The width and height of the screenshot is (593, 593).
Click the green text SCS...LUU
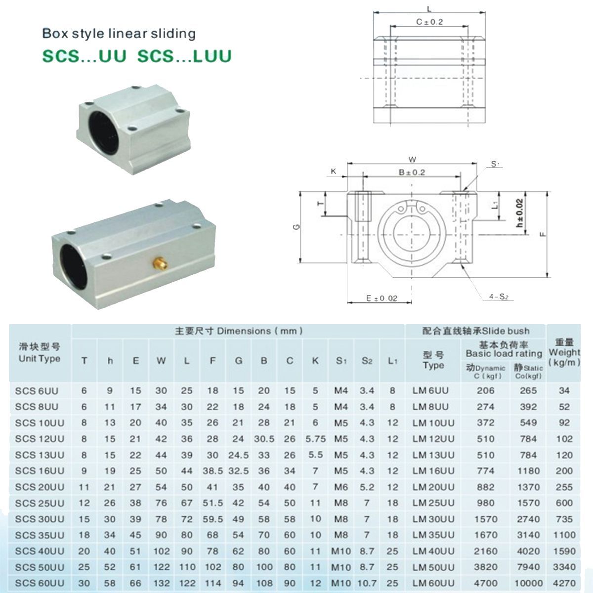point(184,56)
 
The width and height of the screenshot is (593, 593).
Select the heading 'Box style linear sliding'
point(119,34)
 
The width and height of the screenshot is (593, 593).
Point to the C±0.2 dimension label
point(429,22)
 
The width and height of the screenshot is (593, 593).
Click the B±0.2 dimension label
point(412,172)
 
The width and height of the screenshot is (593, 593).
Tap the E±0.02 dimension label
point(381,298)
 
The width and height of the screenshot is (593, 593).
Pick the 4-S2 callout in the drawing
point(499,296)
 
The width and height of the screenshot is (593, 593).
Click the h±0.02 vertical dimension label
point(519,213)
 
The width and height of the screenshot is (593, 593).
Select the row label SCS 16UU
point(40,471)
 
